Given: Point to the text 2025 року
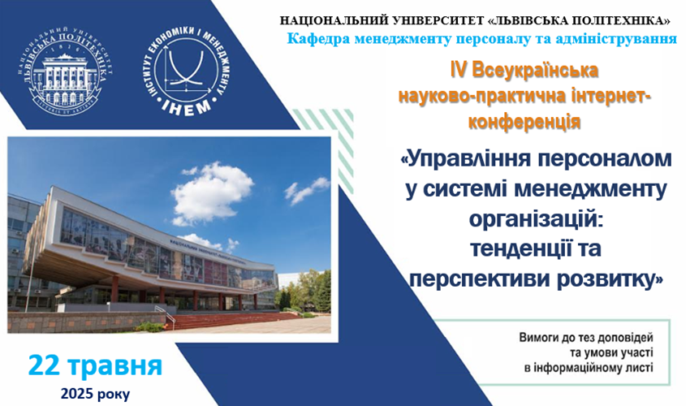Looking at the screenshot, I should tap(94, 394).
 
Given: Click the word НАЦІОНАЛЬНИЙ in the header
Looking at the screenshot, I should tap(337, 19).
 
